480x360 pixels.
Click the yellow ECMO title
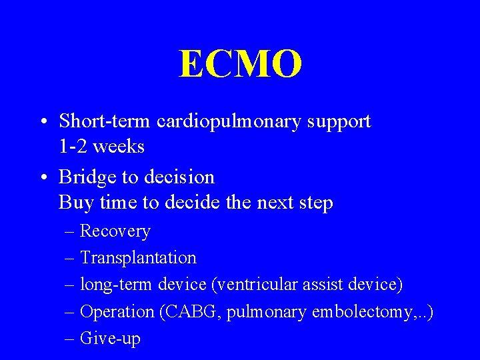pyautogui.click(x=240, y=65)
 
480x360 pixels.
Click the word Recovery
pyautogui.click(x=115, y=232)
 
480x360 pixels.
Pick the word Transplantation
pyautogui.click(x=138, y=258)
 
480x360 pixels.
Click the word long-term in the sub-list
pyautogui.click(x=117, y=285)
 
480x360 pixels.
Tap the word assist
pyautogui.click(x=323, y=285)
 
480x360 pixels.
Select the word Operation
pyautogui.click(x=117, y=312)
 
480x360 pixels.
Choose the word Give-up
pyautogui.click(x=110, y=339)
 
